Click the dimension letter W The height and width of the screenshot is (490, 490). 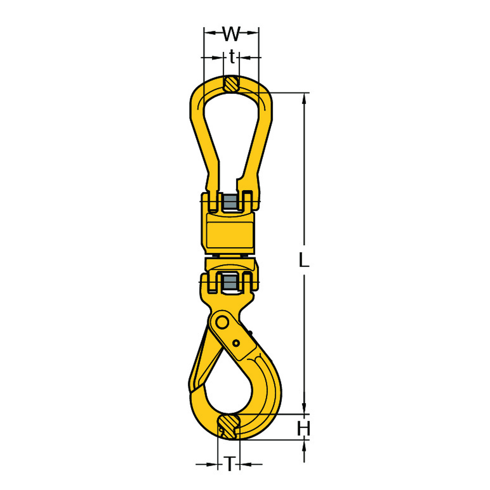(x=232, y=33)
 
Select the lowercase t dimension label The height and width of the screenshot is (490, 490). (x=232, y=56)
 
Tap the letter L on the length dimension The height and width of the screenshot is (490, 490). (x=304, y=260)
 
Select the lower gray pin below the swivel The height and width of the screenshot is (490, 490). (x=230, y=283)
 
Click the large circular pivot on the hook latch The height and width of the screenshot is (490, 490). (x=223, y=323)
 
